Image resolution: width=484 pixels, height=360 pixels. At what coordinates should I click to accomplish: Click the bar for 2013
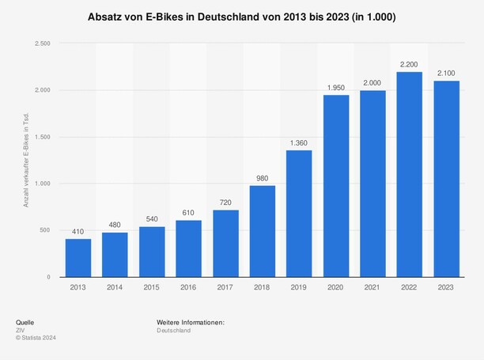point(78,258)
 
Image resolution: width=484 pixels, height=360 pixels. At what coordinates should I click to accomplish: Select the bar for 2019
point(299,214)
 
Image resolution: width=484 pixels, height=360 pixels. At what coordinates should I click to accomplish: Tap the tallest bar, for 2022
point(409,174)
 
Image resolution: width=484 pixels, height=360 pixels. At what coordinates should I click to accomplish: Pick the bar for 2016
point(188,248)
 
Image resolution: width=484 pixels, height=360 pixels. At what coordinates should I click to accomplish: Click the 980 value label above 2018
point(262,177)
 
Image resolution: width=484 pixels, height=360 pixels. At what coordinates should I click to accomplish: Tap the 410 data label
point(78,231)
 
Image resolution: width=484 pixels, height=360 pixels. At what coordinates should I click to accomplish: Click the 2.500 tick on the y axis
point(42,44)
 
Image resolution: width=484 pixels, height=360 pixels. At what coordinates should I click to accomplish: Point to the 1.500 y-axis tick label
point(42,137)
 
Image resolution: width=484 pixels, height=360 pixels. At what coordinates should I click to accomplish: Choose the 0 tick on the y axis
point(48,277)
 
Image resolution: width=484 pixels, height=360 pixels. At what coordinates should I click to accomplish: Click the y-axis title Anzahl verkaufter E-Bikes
point(26,160)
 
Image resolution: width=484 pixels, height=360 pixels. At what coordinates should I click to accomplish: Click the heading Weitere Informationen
point(191,322)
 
